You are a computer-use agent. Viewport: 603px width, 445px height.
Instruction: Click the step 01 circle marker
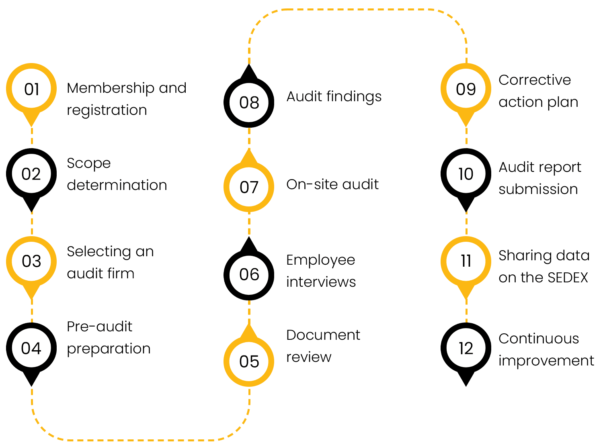(x=31, y=89)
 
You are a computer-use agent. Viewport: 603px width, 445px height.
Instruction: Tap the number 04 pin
(x=31, y=348)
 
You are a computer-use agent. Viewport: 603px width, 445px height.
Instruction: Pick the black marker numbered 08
(x=249, y=102)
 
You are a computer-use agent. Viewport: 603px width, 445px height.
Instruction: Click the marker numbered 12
(x=466, y=348)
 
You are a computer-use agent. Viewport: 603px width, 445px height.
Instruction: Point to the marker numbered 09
(x=466, y=89)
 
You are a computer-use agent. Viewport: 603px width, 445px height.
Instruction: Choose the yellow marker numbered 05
(x=249, y=361)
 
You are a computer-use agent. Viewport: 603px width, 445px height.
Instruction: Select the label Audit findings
(x=334, y=97)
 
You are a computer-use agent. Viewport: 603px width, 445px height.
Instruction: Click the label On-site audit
(x=332, y=184)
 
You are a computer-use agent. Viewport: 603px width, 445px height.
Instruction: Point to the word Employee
(x=320, y=260)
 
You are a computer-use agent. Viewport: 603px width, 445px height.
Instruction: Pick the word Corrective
(x=535, y=80)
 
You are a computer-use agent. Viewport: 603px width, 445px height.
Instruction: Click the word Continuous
(x=539, y=339)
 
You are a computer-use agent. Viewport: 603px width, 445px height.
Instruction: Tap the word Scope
(x=88, y=163)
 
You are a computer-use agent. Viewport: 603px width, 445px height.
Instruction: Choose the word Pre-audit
(x=99, y=327)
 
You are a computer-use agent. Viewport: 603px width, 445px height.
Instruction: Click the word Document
(x=323, y=335)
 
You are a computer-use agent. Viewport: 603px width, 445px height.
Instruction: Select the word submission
(x=538, y=189)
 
